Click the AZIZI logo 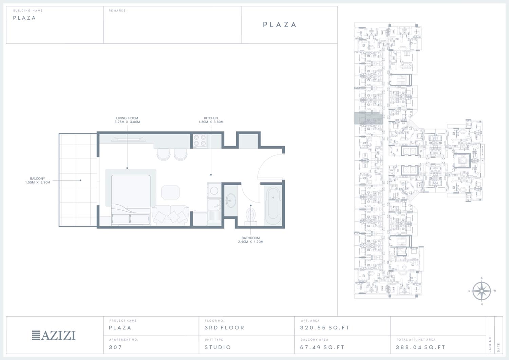(54, 335)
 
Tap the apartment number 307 (115, 347)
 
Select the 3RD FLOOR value (224, 327)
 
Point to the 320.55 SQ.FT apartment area (324, 327)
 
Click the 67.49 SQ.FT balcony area (322, 347)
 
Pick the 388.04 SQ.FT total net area (420, 347)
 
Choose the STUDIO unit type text (218, 347)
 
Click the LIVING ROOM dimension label (127, 120)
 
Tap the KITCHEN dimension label (211, 120)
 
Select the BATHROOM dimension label (251, 240)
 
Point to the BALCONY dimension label (37, 181)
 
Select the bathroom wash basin (231, 201)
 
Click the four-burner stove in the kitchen (200, 140)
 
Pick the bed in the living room (131, 200)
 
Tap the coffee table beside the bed (170, 192)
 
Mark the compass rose (482, 291)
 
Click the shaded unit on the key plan (369, 118)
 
